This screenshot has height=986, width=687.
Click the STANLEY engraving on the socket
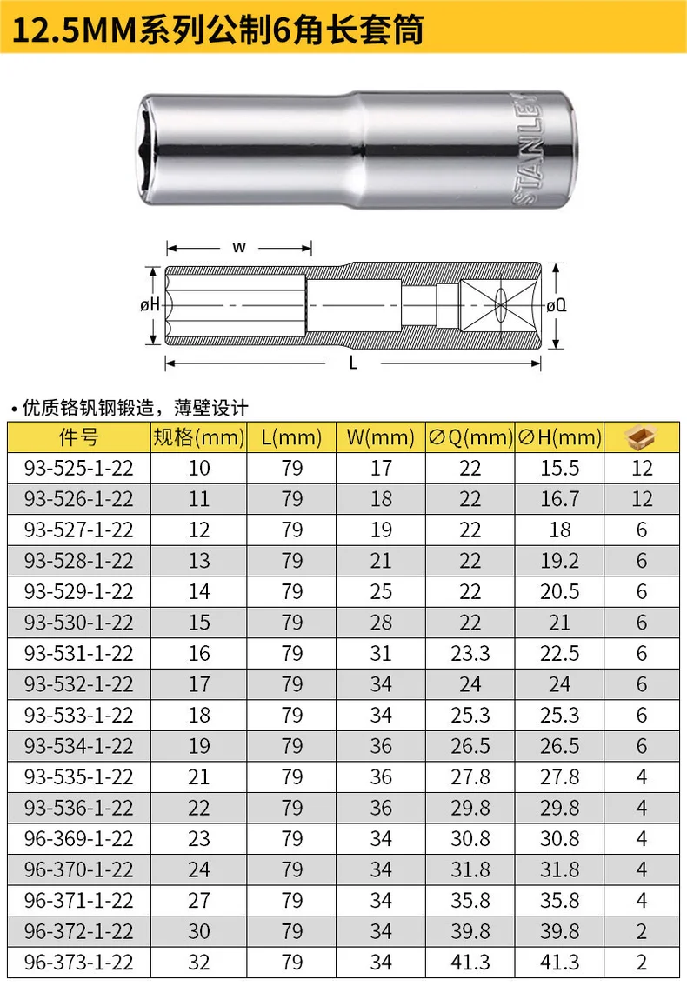(525, 150)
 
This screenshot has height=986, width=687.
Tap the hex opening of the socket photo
(147, 150)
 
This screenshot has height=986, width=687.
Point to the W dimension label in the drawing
(239, 247)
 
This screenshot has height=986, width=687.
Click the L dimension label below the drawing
(353, 363)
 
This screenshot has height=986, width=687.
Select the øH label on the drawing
(150, 305)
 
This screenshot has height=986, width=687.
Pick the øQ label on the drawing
(557, 305)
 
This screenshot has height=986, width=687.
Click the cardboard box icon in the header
(641, 437)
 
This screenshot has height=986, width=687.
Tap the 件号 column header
(78, 437)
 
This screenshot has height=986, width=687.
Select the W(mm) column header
(381, 437)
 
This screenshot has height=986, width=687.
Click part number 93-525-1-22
(78, 469)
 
